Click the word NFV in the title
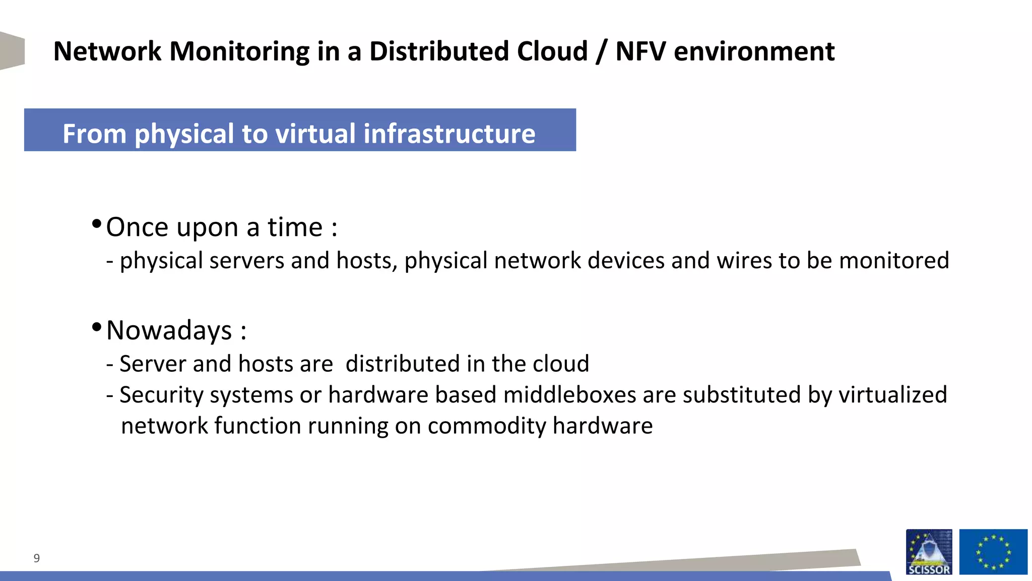[640, 51]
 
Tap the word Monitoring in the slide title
[239, 52]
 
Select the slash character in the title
[601, 52]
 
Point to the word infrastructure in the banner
[449, 134]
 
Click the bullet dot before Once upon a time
[97, 223]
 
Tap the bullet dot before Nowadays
[97, 327]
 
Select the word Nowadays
[169, 331]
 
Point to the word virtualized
[892, 395]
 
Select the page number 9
[36, 558]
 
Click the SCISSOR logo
[929, 552]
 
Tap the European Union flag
[993, 552]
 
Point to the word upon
[207, 228]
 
